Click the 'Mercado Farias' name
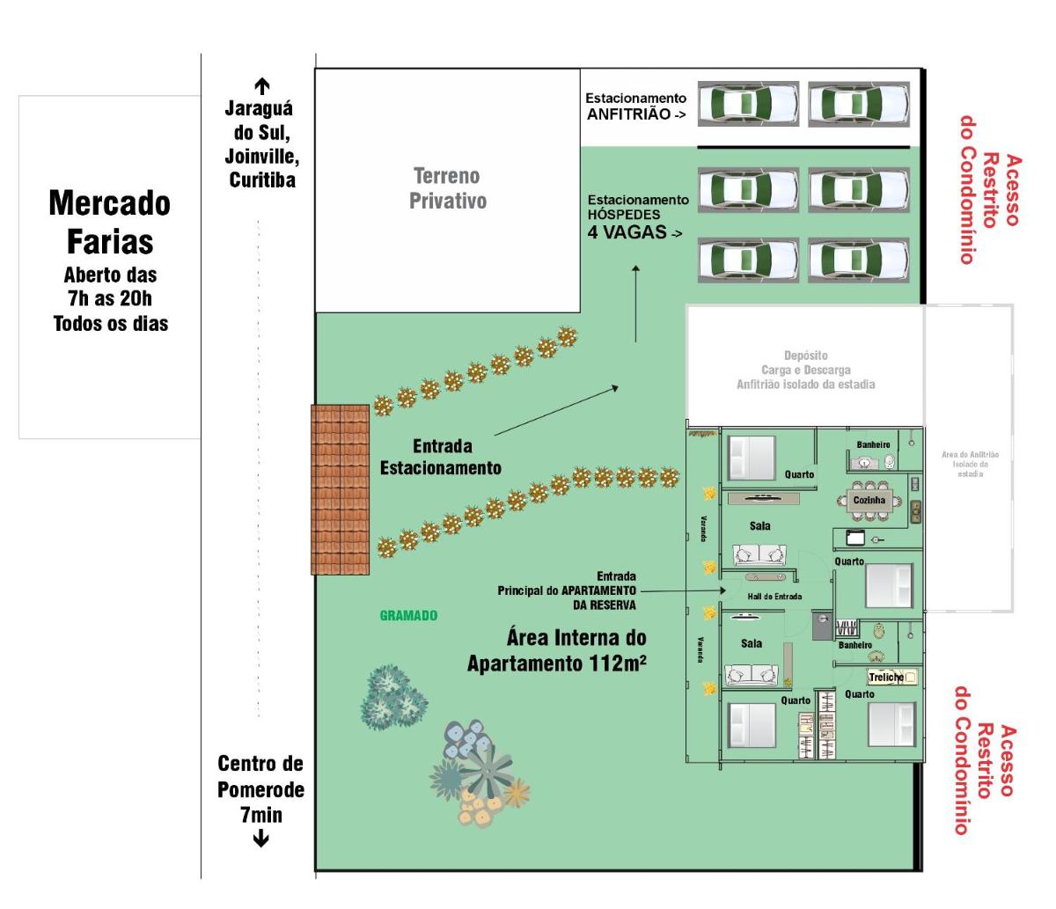(110, 222)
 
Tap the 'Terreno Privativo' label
(447, 188)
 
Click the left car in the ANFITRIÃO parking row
(748, 104)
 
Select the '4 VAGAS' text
(628, 233)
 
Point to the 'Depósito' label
(805, 356)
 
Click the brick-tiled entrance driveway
(340, 489)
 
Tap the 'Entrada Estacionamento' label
(441, 457)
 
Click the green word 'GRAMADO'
(408, 615)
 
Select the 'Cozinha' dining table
(869, 501)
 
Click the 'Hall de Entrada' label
(774, 597)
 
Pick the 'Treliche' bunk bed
(891, 677)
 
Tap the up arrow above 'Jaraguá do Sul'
(261, 86)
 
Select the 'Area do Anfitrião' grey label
(970, 464)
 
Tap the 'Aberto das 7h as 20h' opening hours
(110, 287)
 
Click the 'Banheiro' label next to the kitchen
(873, 444)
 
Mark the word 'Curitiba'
(261, 180)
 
